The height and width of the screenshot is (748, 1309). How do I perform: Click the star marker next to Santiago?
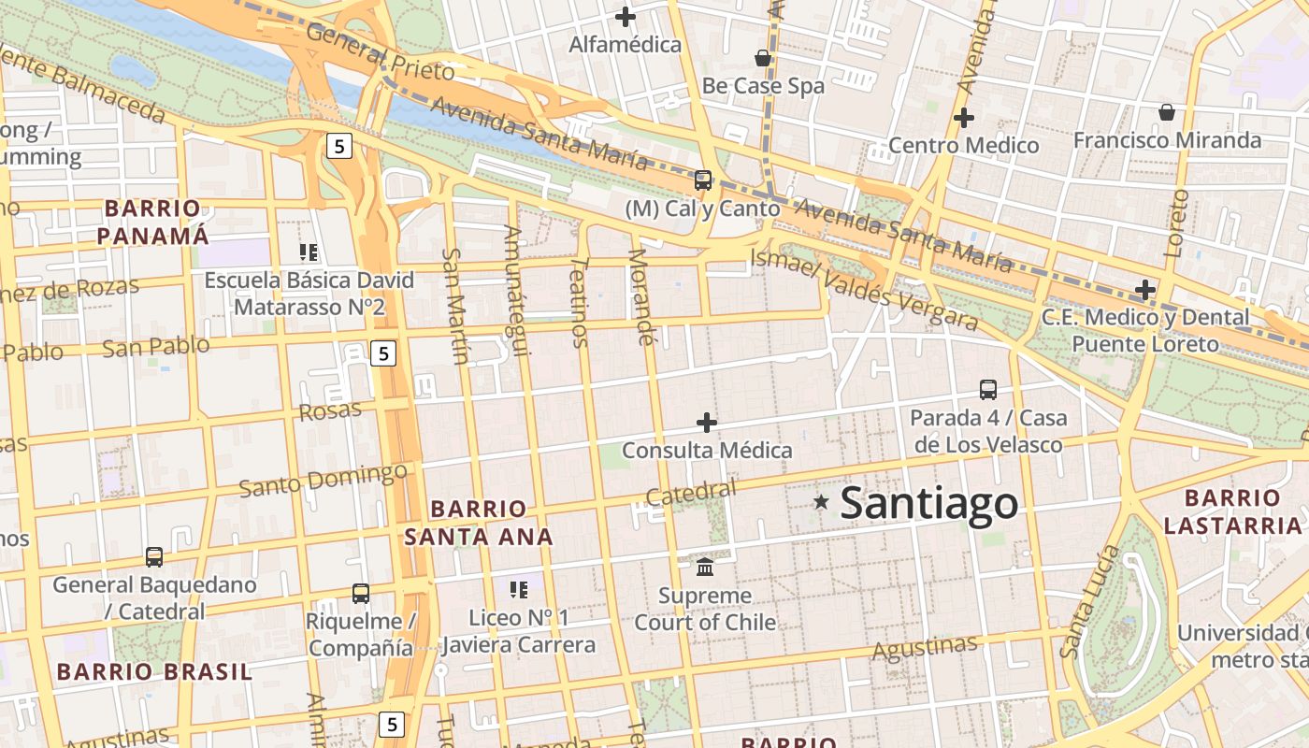[x=821, y=502]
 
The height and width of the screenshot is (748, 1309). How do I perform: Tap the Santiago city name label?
[x=928, y=503]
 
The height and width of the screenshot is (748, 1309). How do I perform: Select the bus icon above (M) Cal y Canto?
[x=702, y=180]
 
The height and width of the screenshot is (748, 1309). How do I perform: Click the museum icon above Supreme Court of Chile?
[x=705, y=567]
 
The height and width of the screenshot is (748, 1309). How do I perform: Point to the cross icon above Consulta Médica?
[x=707, y=423]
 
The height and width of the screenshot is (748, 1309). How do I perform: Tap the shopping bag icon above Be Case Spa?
[x=763, y=58]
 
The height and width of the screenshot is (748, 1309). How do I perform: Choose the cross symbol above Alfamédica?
[x=626, y=16]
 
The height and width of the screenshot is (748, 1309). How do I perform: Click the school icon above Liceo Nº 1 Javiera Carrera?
[x=519, y=589]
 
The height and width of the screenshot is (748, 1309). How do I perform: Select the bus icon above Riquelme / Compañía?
[x=360, y=593]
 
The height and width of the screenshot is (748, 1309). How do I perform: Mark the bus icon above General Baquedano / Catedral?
[x=154, y=557]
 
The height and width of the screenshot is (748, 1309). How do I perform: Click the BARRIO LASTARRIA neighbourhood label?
[x=1232, y=511]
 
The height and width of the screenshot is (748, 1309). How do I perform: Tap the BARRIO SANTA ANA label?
[x=479, y=523]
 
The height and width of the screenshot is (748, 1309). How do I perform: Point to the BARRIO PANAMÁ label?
[x=153, y=222]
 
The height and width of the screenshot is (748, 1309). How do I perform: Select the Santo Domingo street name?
[x=324, y=480]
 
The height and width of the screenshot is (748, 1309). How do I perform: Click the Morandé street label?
[x=640, y=296]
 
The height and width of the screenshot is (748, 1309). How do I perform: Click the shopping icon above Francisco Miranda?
[x=1167, y=112]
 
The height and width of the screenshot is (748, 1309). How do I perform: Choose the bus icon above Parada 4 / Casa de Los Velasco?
[x=988, y=389]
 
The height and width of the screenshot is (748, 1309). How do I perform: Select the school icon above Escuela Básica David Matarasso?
[x=309, y=252]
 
